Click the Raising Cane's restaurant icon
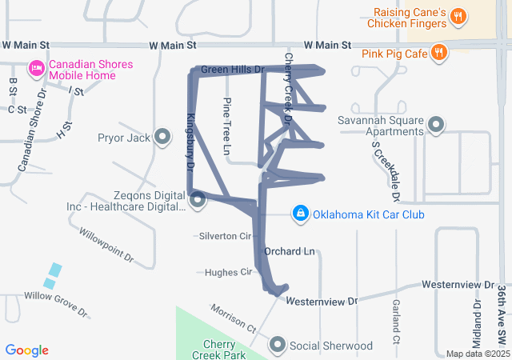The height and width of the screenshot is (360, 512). coord(458,16)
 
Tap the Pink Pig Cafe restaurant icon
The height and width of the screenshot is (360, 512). coord(438,53)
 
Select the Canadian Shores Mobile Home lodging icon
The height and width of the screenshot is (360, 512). coord(36,70)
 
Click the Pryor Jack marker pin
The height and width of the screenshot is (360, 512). coord(163,138)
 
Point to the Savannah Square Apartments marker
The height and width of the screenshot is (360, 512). coord(436,125)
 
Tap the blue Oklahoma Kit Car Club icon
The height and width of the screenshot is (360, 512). coord(300,214)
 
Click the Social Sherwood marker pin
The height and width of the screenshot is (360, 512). coord(278,345)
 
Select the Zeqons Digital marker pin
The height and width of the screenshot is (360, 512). coord(198,198)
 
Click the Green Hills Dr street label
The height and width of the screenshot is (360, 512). coord(232,70)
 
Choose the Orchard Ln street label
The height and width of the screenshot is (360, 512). coord(289,251)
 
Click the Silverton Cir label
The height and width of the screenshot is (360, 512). coord(223,236)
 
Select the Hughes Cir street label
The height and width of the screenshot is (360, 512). coord(228,272)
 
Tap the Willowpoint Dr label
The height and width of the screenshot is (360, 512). coord(106,246)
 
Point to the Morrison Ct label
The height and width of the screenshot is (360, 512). coord(233,318)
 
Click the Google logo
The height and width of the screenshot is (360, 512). coord(27,350)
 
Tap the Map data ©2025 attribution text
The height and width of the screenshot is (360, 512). coord(477,354)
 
